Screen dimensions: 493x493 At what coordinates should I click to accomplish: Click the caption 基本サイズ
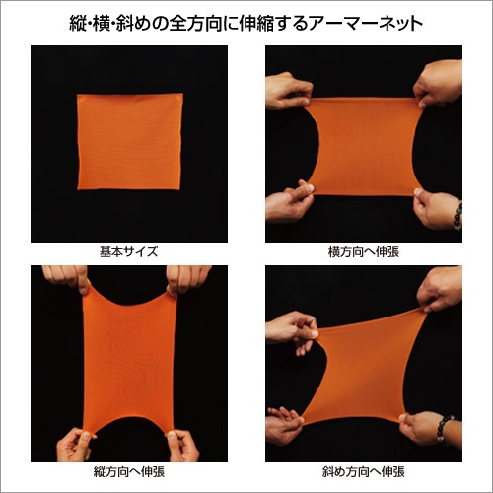coord(128,251)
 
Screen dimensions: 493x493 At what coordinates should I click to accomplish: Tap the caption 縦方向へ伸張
coord(128,472)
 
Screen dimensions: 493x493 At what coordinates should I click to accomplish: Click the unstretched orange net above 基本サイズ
coord(129,142)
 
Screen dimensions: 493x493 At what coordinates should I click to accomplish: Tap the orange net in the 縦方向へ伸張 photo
coord(129,360)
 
